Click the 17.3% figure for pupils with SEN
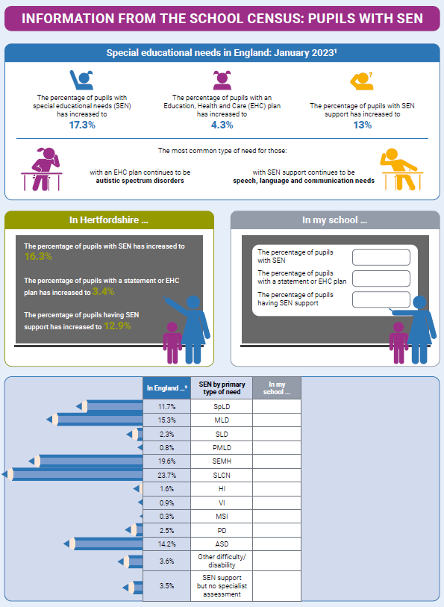pyautogui.click(x=82, y=125)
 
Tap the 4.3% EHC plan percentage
pyautogui.click(x=222, y=125)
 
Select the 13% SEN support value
pyautogui.click(x=362, y=125)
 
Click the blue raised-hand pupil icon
pyautogui.click(x=81, y=79)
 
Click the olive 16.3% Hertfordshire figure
pyautogui.click(x=38, y=256)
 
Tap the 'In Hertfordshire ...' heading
pyautogui.click(x=109, y=220)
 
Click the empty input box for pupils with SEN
pyautogui.click(x=381, y=258)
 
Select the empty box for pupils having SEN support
pyautogui.click(x=381, y=299)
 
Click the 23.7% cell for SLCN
pyautogui.click(x=166, y=475)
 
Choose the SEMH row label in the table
pyautogui.click(x=222, y=461)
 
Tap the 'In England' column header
pyautogui.click(x=166, y=388)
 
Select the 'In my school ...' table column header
pyautogui.click(x=276, y=388)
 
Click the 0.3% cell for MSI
pyautogui.click(x=166, y=517)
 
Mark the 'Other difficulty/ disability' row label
pyautogui.click(x=222, y=561)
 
